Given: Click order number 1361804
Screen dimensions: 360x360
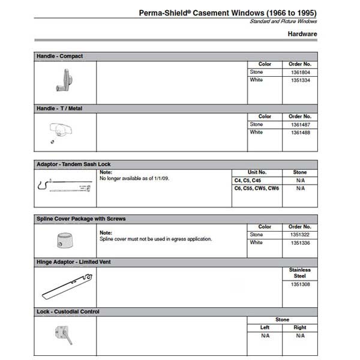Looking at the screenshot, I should pyautogui.click(x=299, y=72).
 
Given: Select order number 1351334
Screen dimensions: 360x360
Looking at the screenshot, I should pyautogui.click(x=299, y=80).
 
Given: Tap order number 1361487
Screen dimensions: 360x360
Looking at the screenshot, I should pyautogui.click(x=299, y=124).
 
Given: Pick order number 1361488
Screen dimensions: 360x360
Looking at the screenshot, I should pyautogui.click(x=299, y=132).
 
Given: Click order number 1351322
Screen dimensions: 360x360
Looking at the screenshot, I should pyautogui.click(x=299, y=235).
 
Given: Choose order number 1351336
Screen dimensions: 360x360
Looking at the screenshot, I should pyautogui.click(x=299, y=242).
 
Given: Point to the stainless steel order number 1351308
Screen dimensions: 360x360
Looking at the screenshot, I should pyautogui.click(x=299, y=285).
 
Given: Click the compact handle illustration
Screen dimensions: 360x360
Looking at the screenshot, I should pyautogui.click(x=65, y=80).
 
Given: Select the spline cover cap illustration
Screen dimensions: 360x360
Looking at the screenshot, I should pyautogui.click(x=63, y=241).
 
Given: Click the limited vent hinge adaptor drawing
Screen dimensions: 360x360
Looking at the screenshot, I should pyautogui.click(x=65, y=287).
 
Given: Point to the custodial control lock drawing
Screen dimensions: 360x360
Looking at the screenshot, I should pyautogui.click(x=65, y=334).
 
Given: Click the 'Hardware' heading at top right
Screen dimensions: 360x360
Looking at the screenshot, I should pyautogui.click(x=302, y=34).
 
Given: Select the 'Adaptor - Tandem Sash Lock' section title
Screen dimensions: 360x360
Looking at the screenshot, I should pyautogui.click(x=74, y=164).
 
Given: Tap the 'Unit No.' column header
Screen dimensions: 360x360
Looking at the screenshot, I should pyautogui.click(x=257, y=172).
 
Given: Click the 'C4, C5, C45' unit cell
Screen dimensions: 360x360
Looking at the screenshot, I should pyautogui.click(x=247, y=179).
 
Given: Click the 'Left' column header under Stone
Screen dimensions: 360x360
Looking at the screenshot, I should pyautogui.click(x=265, y=328).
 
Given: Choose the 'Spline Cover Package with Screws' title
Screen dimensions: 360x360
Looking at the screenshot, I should pyautogui.click(x=81, y=219).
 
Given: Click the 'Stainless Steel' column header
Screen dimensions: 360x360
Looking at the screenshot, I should pyautogui.click(x=299, y=273).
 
